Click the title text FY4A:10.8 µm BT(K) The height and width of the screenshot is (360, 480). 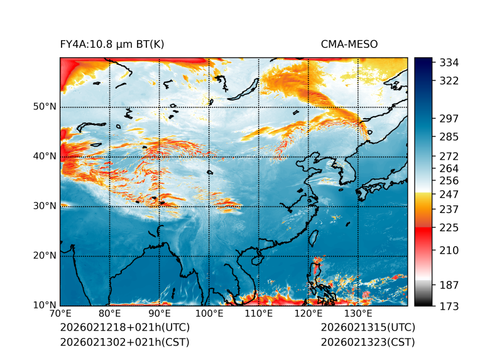[112, 44]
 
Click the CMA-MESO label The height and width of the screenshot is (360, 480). [349, 44]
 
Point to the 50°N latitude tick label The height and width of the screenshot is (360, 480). [45, 107]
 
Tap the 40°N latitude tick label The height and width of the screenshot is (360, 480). [45, 156]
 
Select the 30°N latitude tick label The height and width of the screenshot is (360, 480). [45, 206]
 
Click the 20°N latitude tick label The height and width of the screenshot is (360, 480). [45, 256]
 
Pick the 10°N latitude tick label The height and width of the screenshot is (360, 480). [45, 305]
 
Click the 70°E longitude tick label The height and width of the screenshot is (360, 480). [60, 314]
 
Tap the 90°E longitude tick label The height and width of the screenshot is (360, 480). [160, 314]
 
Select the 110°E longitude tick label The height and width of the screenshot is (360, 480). [258, 314]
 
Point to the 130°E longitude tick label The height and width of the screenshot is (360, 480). [357, 314]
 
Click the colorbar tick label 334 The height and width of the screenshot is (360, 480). [449, 63]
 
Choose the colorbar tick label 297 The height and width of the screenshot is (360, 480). [449, 119]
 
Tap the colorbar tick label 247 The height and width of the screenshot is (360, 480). [449, 194]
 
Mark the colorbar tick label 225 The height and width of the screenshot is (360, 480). [449, 227]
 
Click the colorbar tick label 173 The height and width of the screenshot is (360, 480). [449, 306]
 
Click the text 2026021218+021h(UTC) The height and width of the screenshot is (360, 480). [124, 328]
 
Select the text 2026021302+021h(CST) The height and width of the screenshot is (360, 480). [124, 342]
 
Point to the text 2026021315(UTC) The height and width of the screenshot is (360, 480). [368, 328]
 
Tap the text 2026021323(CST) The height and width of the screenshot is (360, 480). [368, 342]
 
